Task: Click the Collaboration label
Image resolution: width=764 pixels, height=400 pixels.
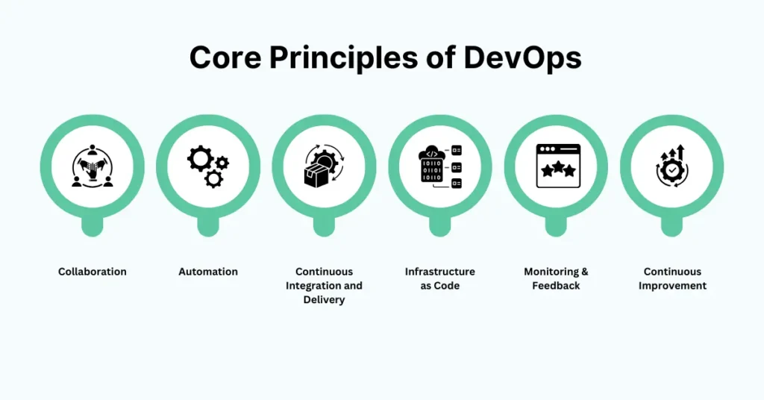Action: (93, 272)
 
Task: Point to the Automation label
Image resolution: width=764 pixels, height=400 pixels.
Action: (208, 272)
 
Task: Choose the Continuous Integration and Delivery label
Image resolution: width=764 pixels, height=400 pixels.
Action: (324, 286)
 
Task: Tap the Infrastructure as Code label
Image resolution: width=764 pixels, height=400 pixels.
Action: (440, 278)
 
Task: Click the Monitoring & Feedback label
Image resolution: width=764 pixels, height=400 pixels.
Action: (556, 278)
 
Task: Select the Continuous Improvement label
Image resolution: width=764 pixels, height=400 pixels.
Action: (672, 278)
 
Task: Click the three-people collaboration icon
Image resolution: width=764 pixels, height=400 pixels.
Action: (93, 166)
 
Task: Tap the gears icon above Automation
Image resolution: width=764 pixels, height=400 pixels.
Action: (208, 166)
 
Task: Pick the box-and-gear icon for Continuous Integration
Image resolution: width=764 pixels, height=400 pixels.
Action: (324, 166)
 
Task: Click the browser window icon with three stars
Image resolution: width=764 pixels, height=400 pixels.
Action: (557, 166)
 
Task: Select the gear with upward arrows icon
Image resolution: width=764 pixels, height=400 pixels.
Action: (672, 166)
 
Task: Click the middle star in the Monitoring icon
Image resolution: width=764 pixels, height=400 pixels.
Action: (557, 169)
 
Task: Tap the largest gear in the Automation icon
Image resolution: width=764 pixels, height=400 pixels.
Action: (200, 158)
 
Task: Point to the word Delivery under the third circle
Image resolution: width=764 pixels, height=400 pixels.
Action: (324, 300)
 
